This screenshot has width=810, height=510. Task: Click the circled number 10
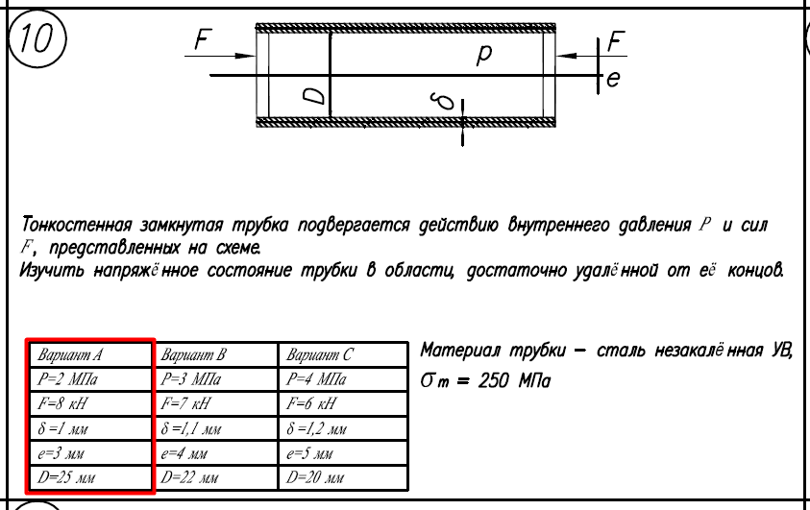click(37, 38)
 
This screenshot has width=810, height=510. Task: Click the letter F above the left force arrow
click(203, 38)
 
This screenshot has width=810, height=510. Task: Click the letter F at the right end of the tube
click(616, 41)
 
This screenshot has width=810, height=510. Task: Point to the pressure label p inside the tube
click(484, 53)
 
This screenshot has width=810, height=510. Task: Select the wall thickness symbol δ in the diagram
click(444, 102)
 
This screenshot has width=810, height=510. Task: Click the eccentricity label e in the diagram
click(613, 79)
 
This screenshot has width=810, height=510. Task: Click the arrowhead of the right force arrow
click(567, 56)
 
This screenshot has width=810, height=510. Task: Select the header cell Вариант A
click(90, 354)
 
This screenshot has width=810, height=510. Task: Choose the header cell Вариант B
click(215, 354)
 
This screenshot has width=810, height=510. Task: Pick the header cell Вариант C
click(343, 354)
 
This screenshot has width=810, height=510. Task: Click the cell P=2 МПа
click(90, 379)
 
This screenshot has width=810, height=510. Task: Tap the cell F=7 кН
click(215, 403)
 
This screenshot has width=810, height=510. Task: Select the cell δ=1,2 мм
click(343, 428)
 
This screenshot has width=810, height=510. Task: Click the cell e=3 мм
click(90, 453)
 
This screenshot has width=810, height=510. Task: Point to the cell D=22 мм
click(215, 477)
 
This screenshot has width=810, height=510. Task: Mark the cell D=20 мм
click(343, 477)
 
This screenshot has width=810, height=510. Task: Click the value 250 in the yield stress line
click(494, 381)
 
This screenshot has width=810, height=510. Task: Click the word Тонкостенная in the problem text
click(77, 226)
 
